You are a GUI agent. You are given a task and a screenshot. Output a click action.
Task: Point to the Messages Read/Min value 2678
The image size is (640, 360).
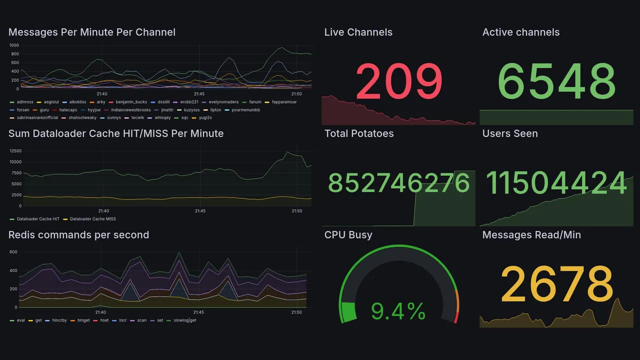pyautogui.click(x=557, y=284)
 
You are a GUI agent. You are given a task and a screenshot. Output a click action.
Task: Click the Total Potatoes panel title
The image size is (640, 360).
pyautogui.click(x=358, y=133)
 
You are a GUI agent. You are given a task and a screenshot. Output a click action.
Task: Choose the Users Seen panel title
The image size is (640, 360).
pyautogui.click(x=510, y=133)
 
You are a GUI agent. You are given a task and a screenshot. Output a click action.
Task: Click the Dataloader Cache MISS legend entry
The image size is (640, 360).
pyautogui.click(x=92, y=219)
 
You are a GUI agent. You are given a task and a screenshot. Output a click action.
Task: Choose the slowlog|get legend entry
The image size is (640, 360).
pyautogui.click(x=184, y=320)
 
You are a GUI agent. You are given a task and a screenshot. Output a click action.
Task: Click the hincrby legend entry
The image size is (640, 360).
pyautogui.click(x=59, y=320)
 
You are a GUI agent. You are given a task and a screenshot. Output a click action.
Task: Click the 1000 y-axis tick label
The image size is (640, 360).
pyautogui.click(x=14, y=45)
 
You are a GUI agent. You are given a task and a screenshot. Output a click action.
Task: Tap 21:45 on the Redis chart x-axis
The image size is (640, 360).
pyautogui.click(x=199, y=312)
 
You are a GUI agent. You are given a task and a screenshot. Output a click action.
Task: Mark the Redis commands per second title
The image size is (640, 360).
pyautogui.click(x=78, y=235)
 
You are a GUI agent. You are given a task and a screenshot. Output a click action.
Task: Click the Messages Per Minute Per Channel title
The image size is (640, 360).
pyautogui.click(x=91, y=32)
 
